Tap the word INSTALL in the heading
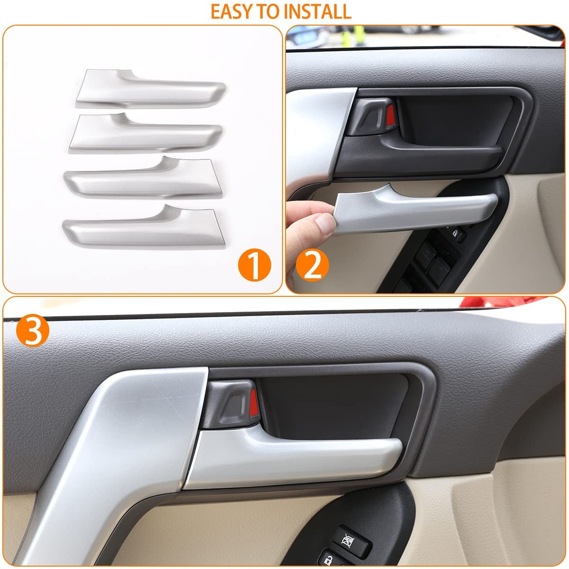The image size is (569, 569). (x=317, y=12)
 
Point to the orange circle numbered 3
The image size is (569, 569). (x=33, y=330)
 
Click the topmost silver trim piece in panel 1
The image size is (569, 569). (x=151, y=89)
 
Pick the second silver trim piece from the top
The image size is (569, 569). (x=145, y=133)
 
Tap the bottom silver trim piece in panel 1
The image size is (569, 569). (x=144, y=227)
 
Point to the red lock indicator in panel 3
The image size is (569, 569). (x=254, y=402)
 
